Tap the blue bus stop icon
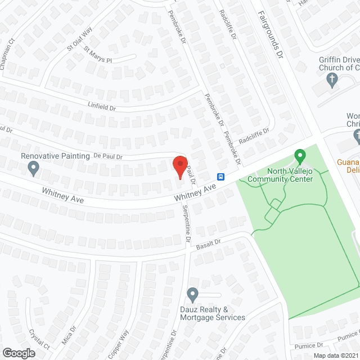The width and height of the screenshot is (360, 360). click(222, 177)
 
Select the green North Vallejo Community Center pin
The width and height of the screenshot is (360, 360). click(300, 155)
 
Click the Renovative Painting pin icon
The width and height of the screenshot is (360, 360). click(33, 167)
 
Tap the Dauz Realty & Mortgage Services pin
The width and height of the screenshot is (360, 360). click(192, 294)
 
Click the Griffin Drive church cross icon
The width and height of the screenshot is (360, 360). click(332, 80)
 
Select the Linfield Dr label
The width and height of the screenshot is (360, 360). click(101, 105)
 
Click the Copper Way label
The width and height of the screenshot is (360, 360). click(119, 343)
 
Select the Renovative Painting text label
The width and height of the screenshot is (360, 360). click(55, 156)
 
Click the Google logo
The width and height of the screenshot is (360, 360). click(19, 353)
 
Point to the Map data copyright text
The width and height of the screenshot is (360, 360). click(336, 355)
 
